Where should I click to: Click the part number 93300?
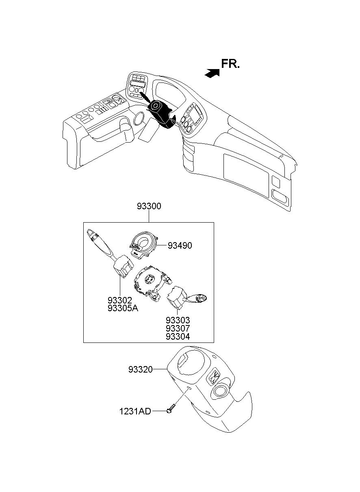pyautogui.click(x=149, y=206)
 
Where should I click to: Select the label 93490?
pyautogui.click(x=180, y=245)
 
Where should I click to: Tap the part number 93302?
pyautogui.click(x=120, y=300)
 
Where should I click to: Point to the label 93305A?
pyautogui.click(x=123, y=308)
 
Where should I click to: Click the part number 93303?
pyautogui.click(x=178, y=321)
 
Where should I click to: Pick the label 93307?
pyautogui.click(x=178, y=328)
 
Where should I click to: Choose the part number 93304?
pyautogui.click(x=178, y=336)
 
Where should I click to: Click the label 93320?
pyautogui.click(x=140, y=369)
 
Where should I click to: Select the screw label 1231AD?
pyautogui.click(x=135, y=412)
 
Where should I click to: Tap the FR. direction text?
pyautogui.click(x=230, y=64)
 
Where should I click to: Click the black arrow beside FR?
pyautogui.click(x=212, y=73)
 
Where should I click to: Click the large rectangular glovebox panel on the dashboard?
pyautogui.click(x=246, y=175)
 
